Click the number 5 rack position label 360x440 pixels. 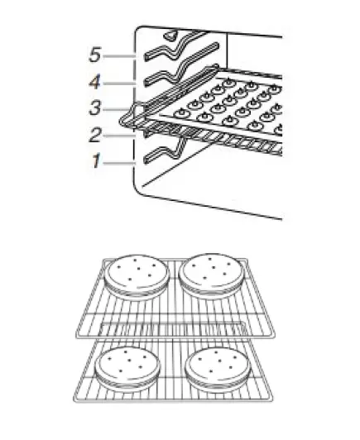pyautogui.click(x=95, y=55)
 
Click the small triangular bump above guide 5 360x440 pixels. pyautogui.click(x=170, y=35)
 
